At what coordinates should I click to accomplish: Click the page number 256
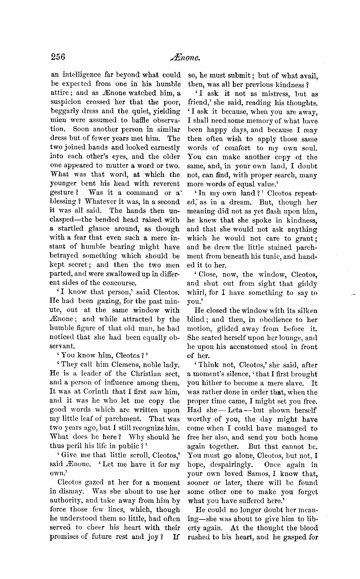pos(58,57)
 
